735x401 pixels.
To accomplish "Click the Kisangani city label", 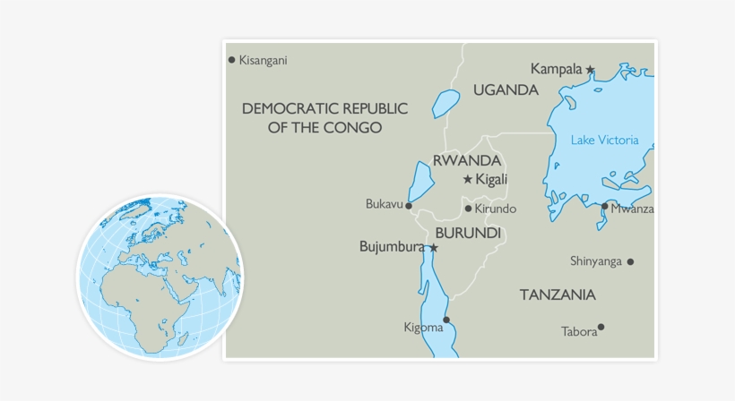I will coord(264,61).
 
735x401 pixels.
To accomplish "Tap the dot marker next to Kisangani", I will coord(231,60).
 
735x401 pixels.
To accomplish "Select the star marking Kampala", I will coord(591,69).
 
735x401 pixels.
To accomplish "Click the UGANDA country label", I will coord(506,90).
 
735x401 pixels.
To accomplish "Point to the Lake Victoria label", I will coord(605,140).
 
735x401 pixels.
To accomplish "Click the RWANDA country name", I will coord(466,161).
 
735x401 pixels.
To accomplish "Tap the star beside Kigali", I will coord(467,180).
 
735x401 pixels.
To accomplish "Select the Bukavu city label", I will coord(384,205).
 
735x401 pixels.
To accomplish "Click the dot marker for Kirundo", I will coord(468,209).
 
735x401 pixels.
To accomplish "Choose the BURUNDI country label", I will coord(467,233).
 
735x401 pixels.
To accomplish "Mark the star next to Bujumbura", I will coord(434,248).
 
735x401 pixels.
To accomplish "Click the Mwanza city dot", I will coord(605,207).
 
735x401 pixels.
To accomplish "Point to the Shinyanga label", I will coord(596,261).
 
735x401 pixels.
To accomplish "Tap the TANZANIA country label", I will coord(558,294).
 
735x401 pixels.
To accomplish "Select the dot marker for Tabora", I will coord(601,327).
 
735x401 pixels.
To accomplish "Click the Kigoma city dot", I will coord(446,320).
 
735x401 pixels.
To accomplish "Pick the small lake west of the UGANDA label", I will coord(445,103).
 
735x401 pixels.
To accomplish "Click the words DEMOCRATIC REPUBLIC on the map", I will coord(324,108).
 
